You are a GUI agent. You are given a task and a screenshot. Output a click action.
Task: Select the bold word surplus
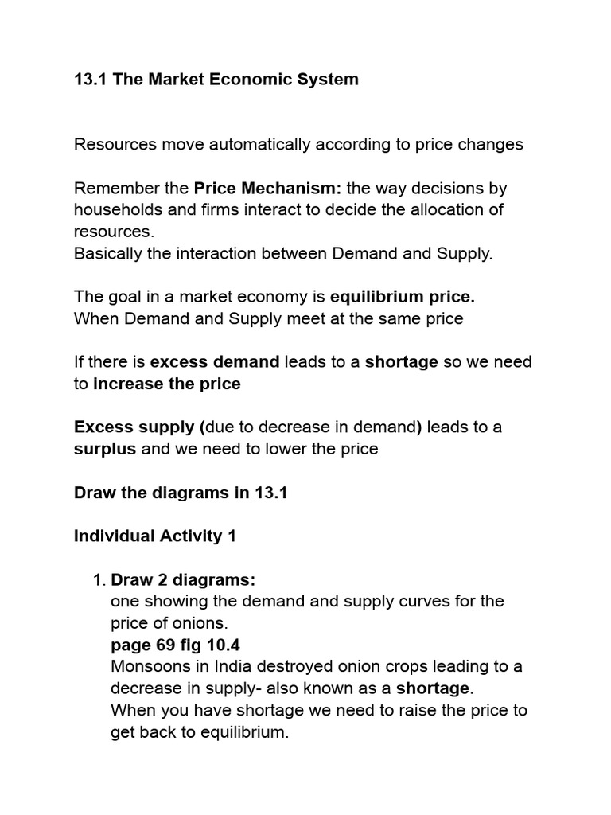105,449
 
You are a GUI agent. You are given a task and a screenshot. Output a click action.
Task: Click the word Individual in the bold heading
113,536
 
